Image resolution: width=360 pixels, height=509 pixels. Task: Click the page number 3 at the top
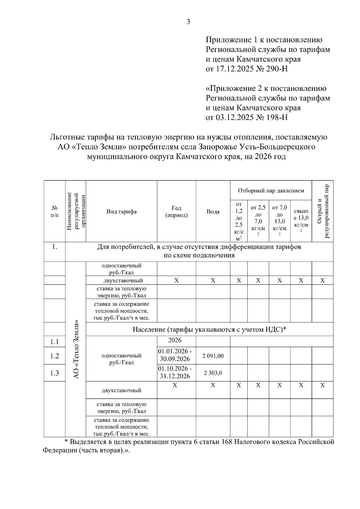[188, 22]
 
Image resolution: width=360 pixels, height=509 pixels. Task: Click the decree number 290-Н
[277, 69]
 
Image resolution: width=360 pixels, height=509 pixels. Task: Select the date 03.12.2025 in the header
[235, 117]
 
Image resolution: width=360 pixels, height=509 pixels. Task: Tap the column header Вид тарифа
[121, 211]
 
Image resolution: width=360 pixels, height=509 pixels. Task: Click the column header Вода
[213, 211]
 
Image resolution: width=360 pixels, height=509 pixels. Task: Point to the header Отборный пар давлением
[271, 190]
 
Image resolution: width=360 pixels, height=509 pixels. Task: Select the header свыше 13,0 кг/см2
[301, 221]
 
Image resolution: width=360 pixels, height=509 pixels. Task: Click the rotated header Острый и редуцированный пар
[323, 211]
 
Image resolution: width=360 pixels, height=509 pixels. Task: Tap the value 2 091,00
[213, 356]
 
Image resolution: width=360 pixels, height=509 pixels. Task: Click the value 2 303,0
[213, 373]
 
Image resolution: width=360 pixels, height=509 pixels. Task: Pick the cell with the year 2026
[175, 340]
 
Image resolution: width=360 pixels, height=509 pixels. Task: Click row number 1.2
[55, 356]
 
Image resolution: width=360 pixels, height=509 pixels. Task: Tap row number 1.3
[55, 373]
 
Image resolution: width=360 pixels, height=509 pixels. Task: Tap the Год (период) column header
[176, 211]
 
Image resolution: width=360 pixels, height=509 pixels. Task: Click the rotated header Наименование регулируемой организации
[76, 211]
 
